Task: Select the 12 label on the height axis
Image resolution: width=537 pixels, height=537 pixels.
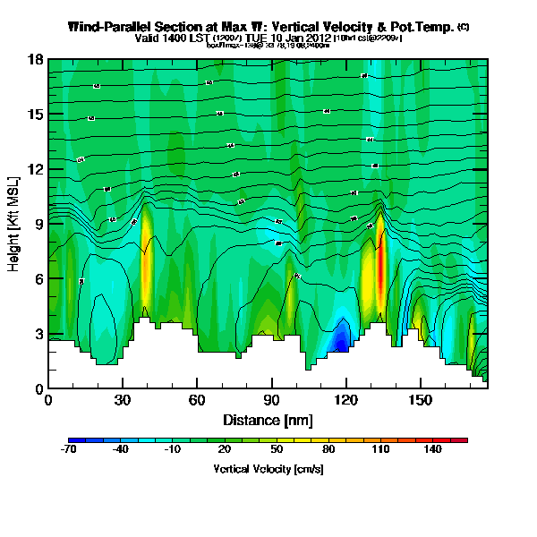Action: [x=35, y=170]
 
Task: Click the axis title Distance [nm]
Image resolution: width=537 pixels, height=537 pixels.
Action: [x=268, y=420]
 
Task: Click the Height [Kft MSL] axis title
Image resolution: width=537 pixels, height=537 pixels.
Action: [x=15, y=224]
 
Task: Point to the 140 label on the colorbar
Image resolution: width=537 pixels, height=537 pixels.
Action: [x=433, y=450]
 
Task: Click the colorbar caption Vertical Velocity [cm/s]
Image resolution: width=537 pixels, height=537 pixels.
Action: [x=268, y=468]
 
